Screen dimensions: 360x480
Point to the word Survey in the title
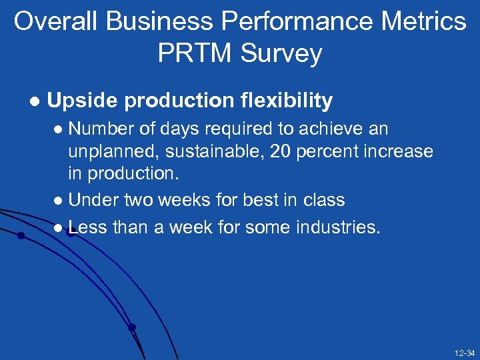point(285,53)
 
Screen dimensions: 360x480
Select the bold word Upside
point(82,101)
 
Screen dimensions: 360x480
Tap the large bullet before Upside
point(33,101)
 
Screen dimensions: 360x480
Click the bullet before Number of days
point(59,129)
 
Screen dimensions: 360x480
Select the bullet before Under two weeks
point(59,201)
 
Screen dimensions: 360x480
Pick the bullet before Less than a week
point(59,229)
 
